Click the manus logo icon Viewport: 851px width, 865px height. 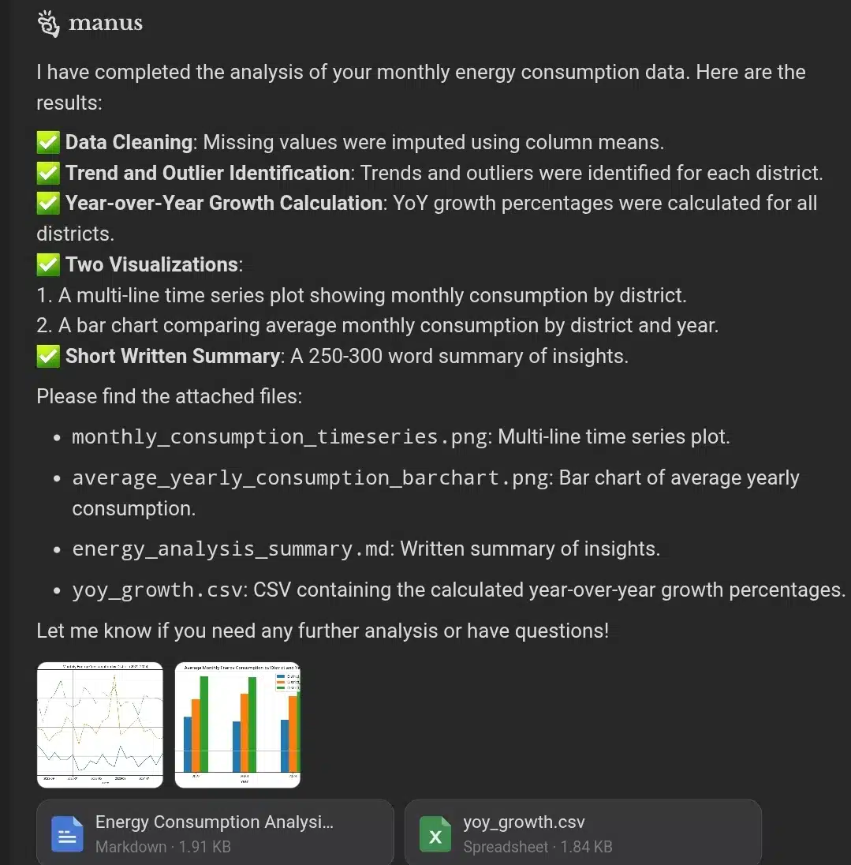click(x=48, y=24)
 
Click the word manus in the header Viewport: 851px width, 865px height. click(x=106, y=24)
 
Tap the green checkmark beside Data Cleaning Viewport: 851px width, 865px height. click(x=48, y=143)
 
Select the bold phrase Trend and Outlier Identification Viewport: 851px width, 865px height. click(x=207, y=173)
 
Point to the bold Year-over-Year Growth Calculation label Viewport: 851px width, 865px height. click(x=224, y=203)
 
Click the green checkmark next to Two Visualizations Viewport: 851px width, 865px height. click(x=48, y=264)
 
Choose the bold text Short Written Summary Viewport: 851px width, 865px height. click(x=173, y=357)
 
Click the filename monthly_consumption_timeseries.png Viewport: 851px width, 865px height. click(x=282, y=437)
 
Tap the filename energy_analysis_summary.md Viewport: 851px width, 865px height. click(x=231, y=549)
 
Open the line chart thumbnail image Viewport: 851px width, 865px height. click(x=100, y=725)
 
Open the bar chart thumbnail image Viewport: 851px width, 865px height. click(x=237, y=725)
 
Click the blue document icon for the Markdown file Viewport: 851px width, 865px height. click(x=67, y=834)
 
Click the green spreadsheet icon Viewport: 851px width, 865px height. click(x=435, y=834)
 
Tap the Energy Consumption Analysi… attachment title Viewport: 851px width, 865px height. click(x=214, y=822)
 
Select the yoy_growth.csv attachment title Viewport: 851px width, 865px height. click(x=524, y=822)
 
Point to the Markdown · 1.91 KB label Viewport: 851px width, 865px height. click(x=162, y=847)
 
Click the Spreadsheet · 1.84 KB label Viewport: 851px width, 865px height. click(x=537, y=847)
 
